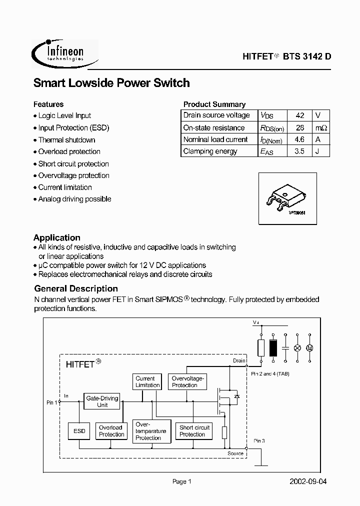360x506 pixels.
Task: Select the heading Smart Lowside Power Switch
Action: [x=111, y=83]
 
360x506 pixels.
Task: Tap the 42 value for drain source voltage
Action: [x=299, y=115]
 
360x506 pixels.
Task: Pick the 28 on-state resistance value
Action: [x=299, y=127]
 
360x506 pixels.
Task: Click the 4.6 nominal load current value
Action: [x=299, y=139]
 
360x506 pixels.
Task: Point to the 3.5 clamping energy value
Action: [x=299, y=151]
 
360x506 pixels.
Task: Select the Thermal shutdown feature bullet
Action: [x=66, y=140]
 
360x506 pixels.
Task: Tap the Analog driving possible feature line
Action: [x=74, y=199]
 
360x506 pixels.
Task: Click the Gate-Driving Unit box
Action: [x=102, y=401]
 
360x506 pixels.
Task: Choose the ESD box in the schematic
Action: [x=79, y=431]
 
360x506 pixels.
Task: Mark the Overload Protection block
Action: [x=111, y=431]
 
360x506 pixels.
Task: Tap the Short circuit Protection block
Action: [x=194, y=431]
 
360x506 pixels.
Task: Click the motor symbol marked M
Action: [x=309, y=347]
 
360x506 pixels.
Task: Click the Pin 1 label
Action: [x=52, y=402]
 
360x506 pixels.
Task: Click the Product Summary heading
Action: [x=214, y=104]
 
